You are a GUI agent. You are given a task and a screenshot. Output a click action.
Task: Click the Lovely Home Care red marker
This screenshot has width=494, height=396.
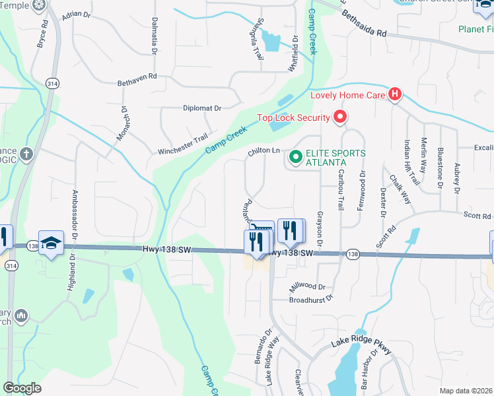tap(395, 94)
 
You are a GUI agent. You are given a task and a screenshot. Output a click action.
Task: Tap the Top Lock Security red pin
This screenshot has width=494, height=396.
tap(340, 118)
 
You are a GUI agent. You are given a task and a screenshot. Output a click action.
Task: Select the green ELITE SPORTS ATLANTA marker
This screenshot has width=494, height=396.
tap(295, 157)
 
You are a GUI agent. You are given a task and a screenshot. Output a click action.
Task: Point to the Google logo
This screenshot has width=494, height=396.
tap(22, 388)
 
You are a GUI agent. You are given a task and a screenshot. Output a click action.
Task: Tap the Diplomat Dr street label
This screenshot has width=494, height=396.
tap(202, 108)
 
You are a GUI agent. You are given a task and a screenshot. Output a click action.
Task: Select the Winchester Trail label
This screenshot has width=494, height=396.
tap(182, 147)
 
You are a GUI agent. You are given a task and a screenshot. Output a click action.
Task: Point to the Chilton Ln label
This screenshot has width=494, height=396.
tap(264, 151)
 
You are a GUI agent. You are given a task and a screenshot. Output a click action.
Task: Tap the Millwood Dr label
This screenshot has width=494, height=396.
tap(308, 287)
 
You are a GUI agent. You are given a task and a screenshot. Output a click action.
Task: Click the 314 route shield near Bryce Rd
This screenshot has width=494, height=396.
tap(52, 83)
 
